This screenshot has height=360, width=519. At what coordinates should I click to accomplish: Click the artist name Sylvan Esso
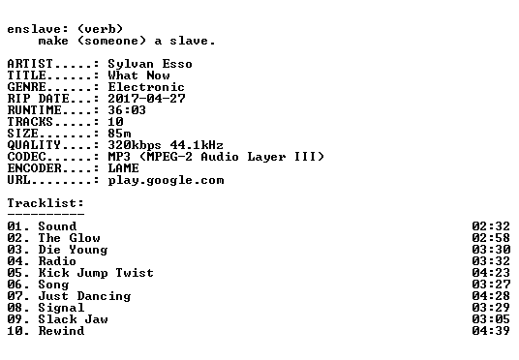click(x=150, y=64)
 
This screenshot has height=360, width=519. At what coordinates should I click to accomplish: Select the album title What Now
click(x=139, y=75)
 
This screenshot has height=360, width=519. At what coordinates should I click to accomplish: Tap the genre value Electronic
click(x=146, y=87)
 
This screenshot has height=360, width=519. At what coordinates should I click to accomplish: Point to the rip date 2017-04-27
click(x=146, y=99)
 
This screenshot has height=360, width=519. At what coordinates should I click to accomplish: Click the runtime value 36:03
click(x=127, y=110)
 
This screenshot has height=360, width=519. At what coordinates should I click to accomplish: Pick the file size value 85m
click(x=119, y=134)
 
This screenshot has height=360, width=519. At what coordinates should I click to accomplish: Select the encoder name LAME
click(x=123, y=168)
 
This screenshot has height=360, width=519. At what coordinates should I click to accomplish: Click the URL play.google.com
click(x=166, y=180)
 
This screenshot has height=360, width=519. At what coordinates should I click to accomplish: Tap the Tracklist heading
click(x=46, y=203)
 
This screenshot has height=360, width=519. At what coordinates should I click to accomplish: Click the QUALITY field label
click(x=34, y=145)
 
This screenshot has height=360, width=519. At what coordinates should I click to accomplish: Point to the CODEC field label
click(x=26, y=157)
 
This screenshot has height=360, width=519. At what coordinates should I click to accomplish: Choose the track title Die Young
click(x=73, y=250)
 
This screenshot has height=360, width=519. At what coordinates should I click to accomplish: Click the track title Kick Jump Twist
click(x=96, y=273)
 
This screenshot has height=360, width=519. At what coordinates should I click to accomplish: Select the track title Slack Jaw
click(x=73, y=319)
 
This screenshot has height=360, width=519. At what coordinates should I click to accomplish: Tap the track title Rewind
click(x=61, y=331)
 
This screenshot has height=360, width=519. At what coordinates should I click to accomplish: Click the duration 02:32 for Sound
click(x=491, y=226)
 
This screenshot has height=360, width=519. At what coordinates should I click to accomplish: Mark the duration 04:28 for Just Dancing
click(x=491, y=296)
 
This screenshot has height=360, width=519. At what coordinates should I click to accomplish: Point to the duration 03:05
click(x=491, y=319)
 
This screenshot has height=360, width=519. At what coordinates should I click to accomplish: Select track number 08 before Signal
click(x=15, y=308)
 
